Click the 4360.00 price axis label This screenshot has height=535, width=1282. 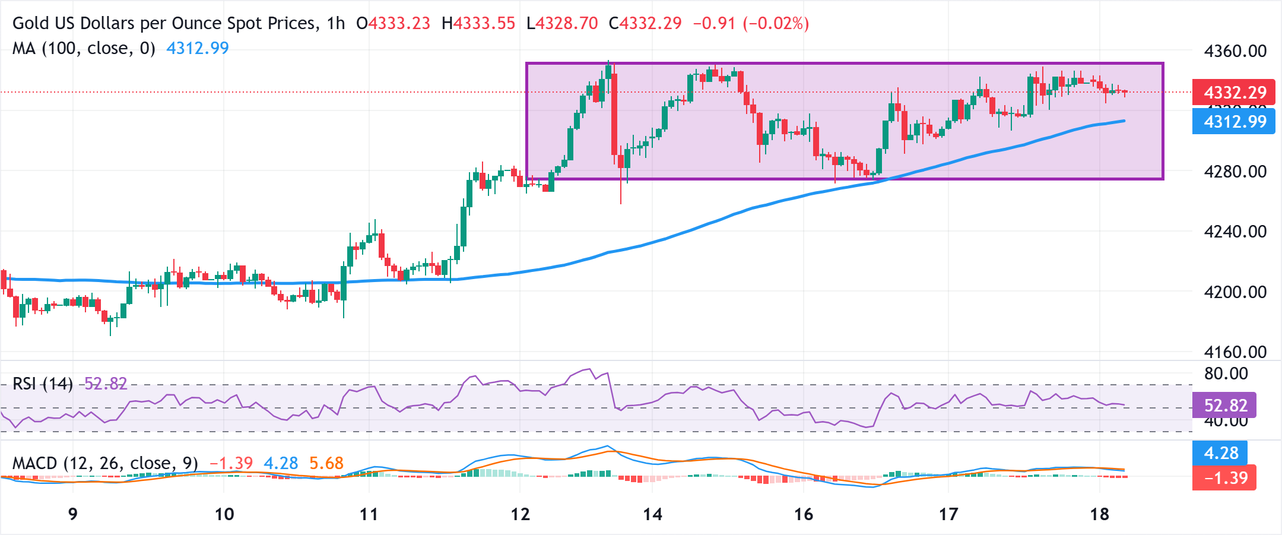[x=1235, y=51]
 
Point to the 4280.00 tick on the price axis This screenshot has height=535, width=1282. [x=1235, y=172]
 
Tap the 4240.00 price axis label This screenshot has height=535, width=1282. [x=1235, y=232]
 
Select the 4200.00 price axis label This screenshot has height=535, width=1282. [x=1235, y=292]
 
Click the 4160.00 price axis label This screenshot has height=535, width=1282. [x=1235, y=352]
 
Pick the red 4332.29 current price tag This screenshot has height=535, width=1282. [x=1234, y=93]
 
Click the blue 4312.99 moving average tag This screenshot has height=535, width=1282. [x=1234, y=122]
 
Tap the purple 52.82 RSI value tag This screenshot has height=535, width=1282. [x=1224, y=406]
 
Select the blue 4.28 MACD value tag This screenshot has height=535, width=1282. [x=1221, y=453]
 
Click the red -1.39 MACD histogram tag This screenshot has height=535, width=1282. [x=1224, y=478]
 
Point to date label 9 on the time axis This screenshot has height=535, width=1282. [x=73, y=514]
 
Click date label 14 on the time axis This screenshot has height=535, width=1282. [x=652, y=514]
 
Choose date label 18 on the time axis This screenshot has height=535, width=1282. [x=1099, y=514]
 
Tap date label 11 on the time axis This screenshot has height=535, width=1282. [x=369, y=514]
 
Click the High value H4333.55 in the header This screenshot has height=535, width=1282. [x=478, y=24]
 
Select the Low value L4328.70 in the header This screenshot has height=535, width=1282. [x=562, y=24]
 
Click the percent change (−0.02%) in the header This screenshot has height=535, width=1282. [x=776, y=24]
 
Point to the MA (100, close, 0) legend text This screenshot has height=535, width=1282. [x=84, y=48]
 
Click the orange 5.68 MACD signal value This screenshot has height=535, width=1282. [x=326, y=463]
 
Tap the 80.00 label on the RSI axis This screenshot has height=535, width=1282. [x=1226, y=374]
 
